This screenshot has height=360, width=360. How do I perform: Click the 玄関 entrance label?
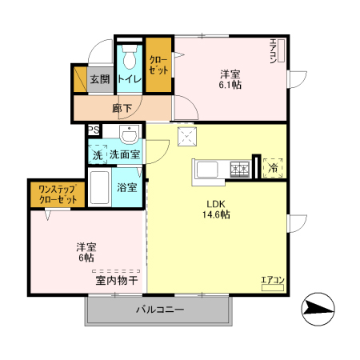pyautogui.click(x=99, y=79)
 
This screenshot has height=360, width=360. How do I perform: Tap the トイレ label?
pyautogui.click(x=130, y=79)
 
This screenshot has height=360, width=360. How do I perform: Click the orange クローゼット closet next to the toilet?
pyautogui.click(x=158, y=65)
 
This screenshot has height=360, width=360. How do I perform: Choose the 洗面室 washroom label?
pyautogui.click(x=125, y=154)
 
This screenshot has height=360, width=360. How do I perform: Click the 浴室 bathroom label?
pyautogui.click(x=127, y=188)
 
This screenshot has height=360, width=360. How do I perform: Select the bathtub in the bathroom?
pyautogui.click(x=99, y=188)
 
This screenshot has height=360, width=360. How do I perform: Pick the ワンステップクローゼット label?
pyautogui.click(x=58, y=193)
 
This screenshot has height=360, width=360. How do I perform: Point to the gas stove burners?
pyautogui.click(x=240, y=169)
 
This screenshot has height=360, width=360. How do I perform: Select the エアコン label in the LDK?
pyautogui.click(x=272, y=280)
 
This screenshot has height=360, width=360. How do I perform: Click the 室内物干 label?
pyautogui.click(x=117, y=280)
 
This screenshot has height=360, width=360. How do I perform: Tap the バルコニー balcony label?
pyautogui.click(x=160, y=309)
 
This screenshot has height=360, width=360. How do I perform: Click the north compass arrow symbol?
pyautogui.click(x=319, y=308)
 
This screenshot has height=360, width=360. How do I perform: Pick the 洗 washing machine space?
pyautogui.click(x=97, y=154)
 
